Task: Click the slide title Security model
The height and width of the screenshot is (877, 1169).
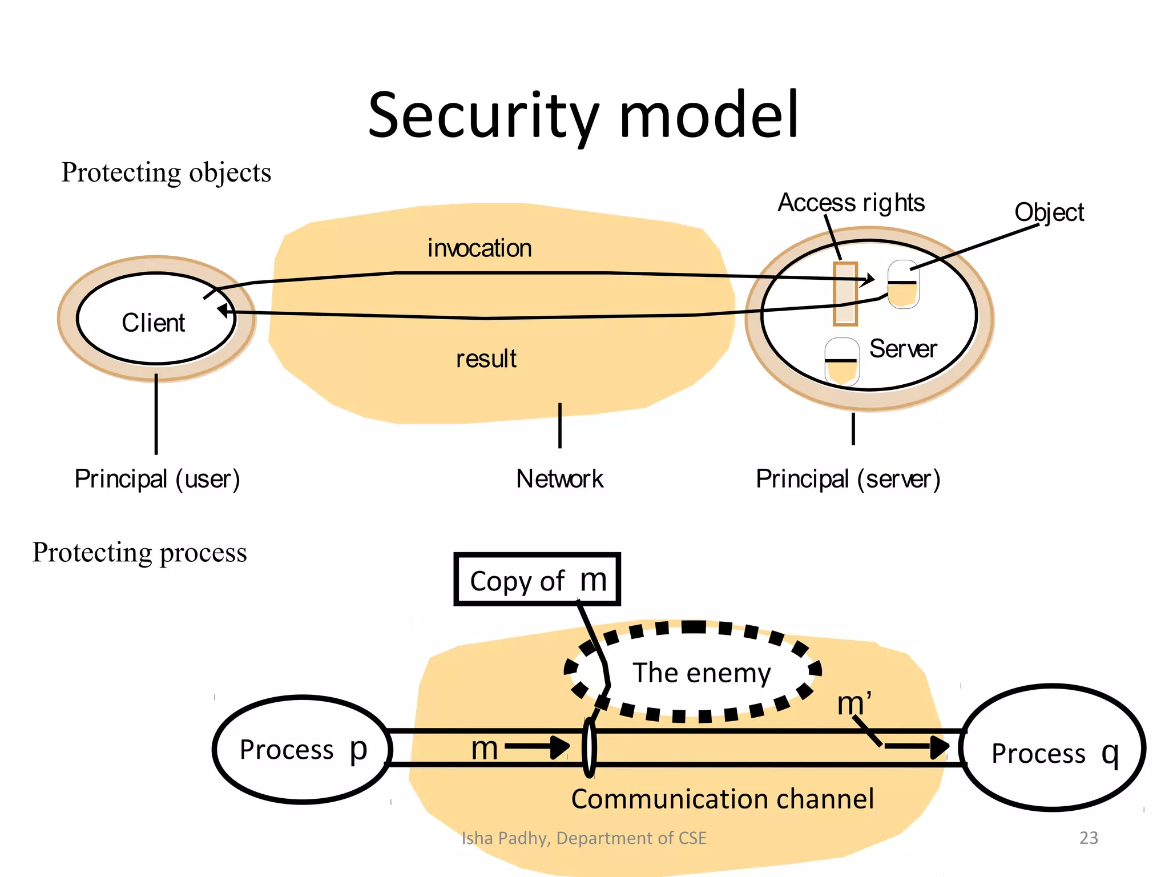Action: pos(583,115)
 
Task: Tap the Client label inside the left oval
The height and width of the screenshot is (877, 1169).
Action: pos(153,323)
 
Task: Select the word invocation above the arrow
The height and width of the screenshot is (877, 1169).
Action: pos(479,248)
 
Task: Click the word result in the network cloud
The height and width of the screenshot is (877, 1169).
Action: pos(486,359)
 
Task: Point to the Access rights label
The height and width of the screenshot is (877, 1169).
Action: pos(850,203)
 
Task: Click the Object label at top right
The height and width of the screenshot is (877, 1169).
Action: pos(1049,212)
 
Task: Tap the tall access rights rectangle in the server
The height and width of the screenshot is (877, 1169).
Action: pos(845,293)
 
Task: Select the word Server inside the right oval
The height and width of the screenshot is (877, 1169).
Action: pos(902,349)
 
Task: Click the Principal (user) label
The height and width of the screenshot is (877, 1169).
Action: pos(157,478)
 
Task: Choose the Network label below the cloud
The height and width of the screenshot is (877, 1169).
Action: pos(559,478)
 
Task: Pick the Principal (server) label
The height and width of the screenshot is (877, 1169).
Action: pos(848,478)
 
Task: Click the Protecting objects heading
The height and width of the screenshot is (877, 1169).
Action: pos(166,172)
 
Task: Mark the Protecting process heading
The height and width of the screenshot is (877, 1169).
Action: pos(140,552)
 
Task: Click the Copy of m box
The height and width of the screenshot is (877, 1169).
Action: pos(537,580)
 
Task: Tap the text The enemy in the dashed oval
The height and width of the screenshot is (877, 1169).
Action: pos(702,673)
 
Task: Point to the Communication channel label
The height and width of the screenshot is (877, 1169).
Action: pos(722,799)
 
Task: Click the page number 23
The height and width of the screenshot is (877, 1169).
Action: pos(1089,838)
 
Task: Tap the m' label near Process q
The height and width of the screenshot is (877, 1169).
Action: pos(854,703)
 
